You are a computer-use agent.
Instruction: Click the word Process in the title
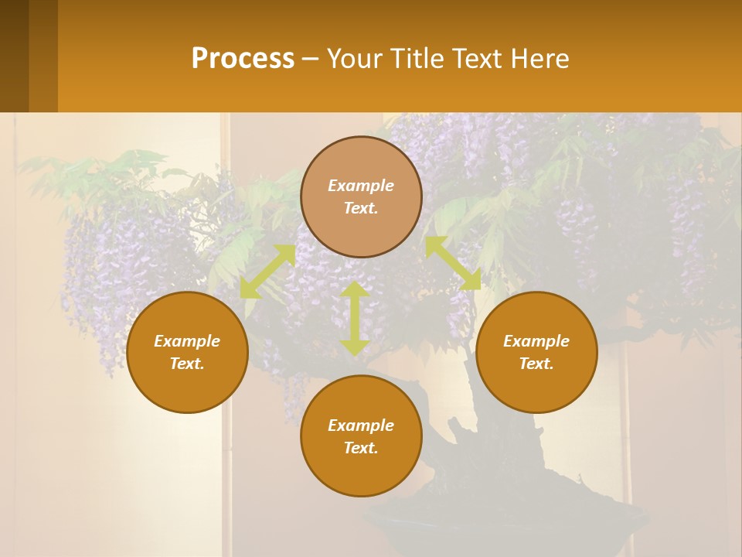coord(243,59)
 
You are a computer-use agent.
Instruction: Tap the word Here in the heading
coord(539,59)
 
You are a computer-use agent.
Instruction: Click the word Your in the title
coord(354,59)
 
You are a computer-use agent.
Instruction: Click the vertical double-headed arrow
coord(355,318)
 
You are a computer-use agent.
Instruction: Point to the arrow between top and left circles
coord(267,271)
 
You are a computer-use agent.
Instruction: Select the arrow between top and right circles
coord(453,263)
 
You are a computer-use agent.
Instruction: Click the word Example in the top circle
coord(361,186)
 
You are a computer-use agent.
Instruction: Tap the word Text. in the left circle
coord(187,364)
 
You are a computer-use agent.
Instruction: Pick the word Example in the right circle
coord(536,341)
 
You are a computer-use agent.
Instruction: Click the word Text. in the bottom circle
coord(361,448)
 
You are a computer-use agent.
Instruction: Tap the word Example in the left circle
coord(187,341)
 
